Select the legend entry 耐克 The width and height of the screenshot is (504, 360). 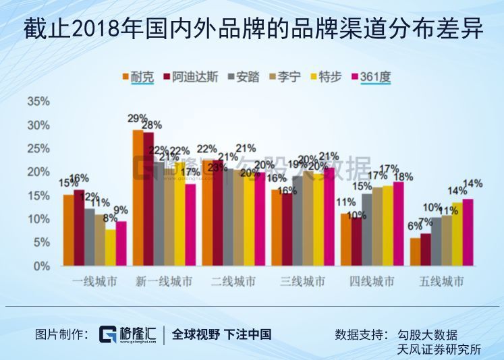pos(139,77)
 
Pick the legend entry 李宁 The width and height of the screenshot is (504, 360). pos(288,77)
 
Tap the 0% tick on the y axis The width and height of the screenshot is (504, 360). pos(42,266)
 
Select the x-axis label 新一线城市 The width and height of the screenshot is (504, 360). pos(163,281)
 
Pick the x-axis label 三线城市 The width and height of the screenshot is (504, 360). pos(302,281)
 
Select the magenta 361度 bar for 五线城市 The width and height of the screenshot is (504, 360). pos(468,232)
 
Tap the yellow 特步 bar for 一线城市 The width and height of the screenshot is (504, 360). pos(110,247)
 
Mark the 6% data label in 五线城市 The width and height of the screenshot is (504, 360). pos(414,226)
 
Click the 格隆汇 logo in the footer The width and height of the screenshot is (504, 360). pos(128,334)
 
